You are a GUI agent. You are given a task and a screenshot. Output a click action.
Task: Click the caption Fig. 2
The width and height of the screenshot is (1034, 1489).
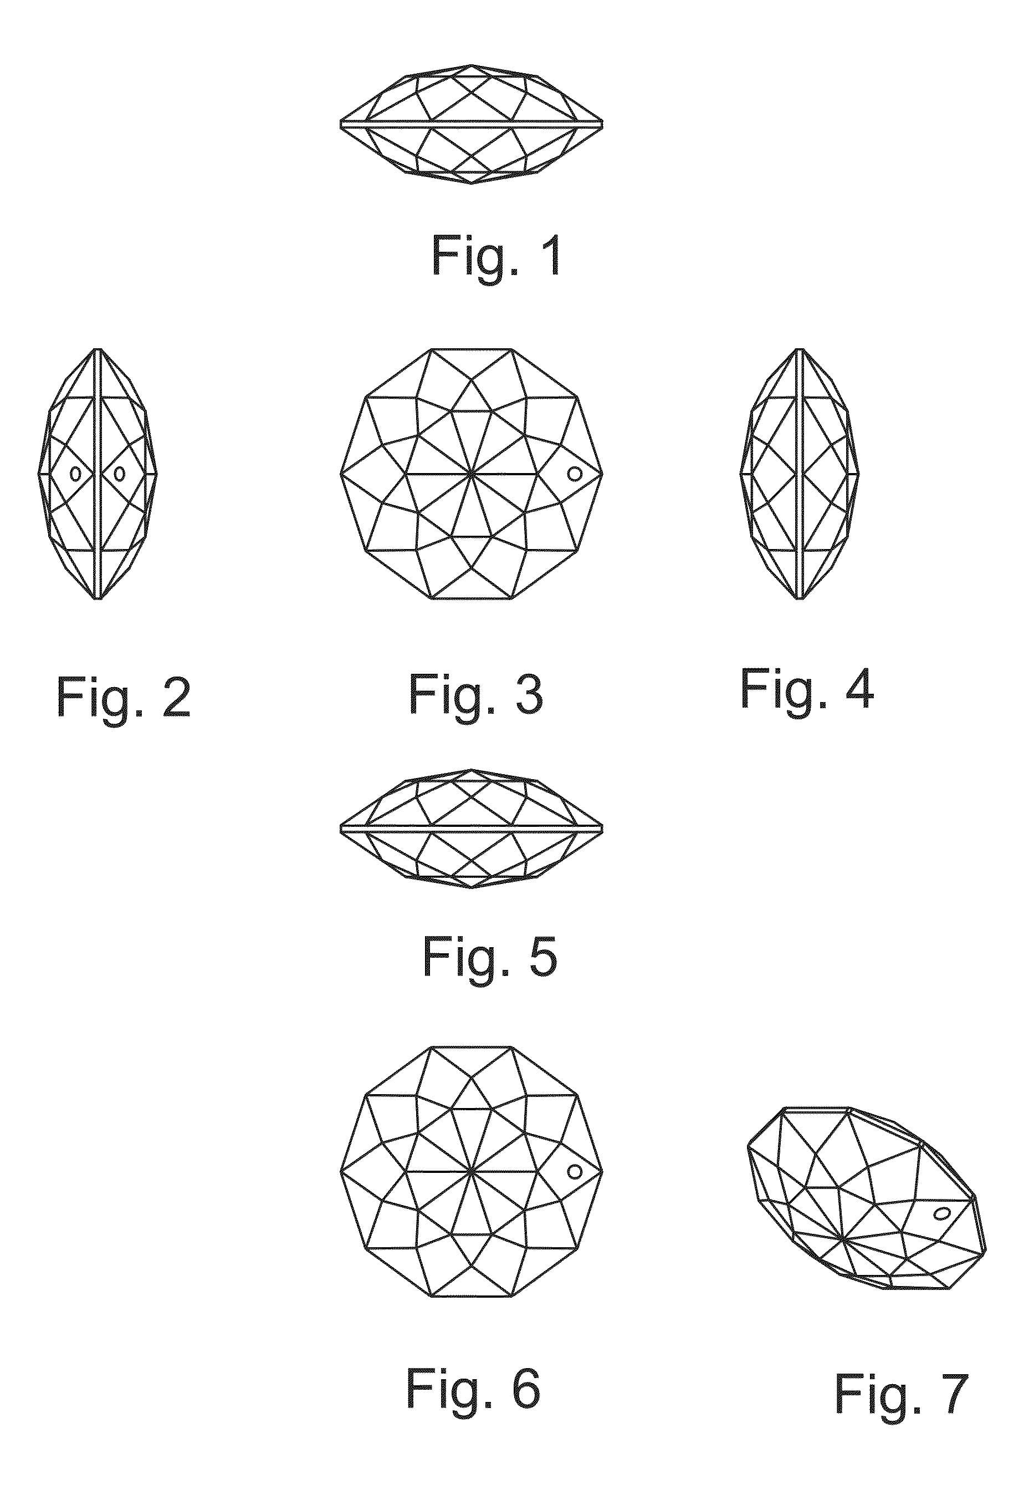point(124,698)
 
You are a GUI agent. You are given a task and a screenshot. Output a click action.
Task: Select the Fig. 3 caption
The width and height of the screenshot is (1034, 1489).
point(475,695)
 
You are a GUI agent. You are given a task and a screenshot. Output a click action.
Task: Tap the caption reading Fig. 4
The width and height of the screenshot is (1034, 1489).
point(807,689)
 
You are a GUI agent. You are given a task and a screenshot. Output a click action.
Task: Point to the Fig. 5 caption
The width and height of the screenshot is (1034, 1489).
point(490,957)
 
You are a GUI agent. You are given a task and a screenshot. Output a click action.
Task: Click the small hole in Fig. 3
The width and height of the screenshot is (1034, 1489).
point(574,474)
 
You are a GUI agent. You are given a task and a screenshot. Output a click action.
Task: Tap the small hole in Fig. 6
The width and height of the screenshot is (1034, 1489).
point(574,1171)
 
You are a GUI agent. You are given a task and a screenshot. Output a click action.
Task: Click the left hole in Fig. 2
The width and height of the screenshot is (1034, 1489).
point(76,474)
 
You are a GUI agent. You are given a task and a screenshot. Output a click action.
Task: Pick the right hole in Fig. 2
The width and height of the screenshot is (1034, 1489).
point(119,474)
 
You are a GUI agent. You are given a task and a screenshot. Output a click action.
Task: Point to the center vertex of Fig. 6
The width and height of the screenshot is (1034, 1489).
point(471,1171)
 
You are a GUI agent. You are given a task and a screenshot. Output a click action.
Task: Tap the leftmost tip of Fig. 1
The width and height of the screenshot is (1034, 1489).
point(341,123)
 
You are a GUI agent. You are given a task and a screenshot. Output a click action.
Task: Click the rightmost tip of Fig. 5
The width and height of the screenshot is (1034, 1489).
point(602,829)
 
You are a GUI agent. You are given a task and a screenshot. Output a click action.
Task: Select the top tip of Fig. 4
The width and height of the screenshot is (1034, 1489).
point(800,349)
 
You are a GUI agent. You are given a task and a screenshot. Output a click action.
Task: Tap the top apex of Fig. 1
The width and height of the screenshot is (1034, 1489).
point(472,65)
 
